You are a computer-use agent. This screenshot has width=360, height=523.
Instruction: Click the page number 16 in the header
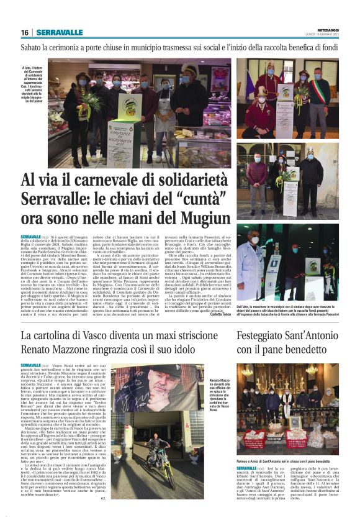click(24, 32)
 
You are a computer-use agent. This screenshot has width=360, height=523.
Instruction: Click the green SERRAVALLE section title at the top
click(59, 32)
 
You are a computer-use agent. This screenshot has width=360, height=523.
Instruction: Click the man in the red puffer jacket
click(257, 177)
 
